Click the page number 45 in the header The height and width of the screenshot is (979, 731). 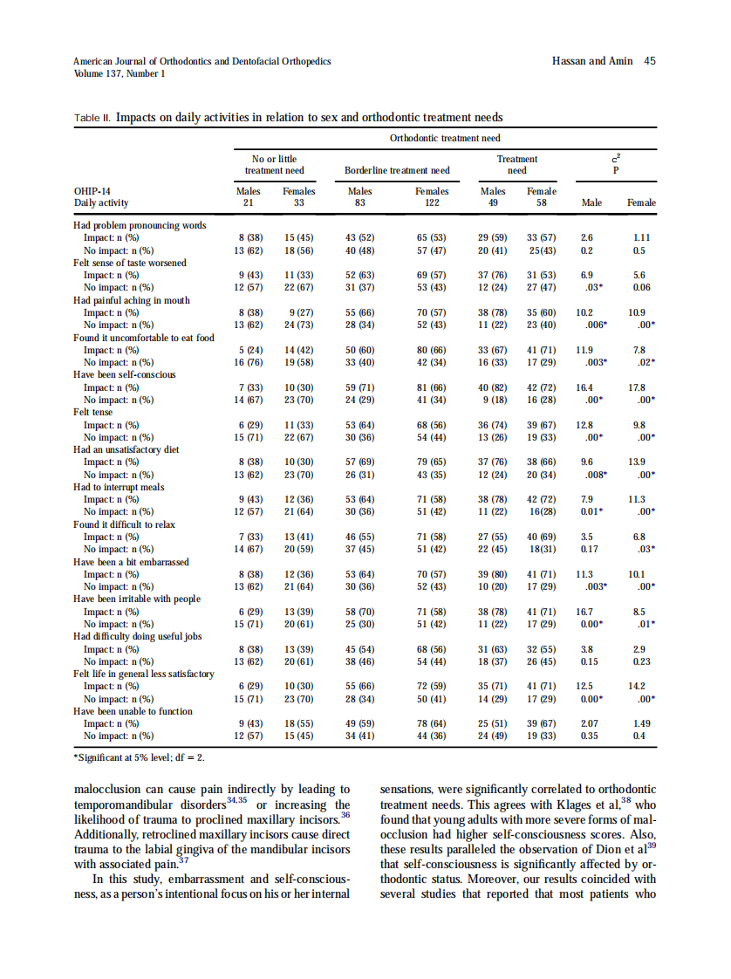pos(649,61)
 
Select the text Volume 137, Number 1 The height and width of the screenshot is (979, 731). pos(119,73)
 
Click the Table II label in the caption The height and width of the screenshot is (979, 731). pos(92,117)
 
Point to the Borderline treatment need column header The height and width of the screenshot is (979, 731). pos(397,170)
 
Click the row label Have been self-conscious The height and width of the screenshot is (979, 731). pos(125,374)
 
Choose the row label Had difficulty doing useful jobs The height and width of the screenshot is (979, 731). pos(138,636)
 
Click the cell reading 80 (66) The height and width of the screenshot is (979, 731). pos(431,349)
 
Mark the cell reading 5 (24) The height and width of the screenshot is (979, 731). pos(251,349)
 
